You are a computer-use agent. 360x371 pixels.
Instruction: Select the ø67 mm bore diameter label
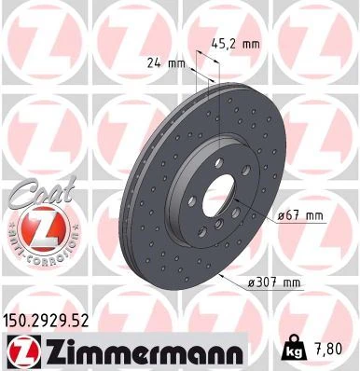pos(298,216)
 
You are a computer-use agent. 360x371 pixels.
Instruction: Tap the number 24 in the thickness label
pos(155,63)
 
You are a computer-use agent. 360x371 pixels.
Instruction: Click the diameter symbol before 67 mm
pos(281,216)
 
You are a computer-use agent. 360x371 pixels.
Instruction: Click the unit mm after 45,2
pos(250,42)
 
